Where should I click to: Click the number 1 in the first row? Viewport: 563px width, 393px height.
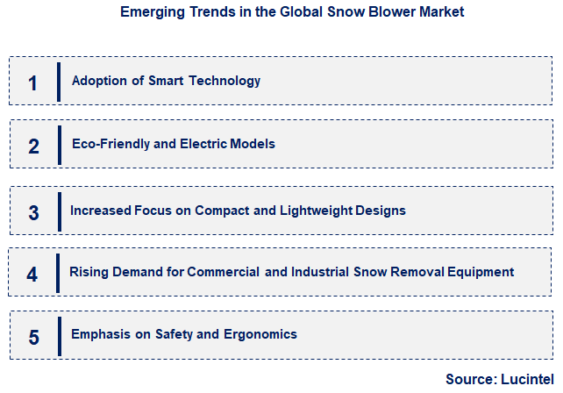tap(32, 83)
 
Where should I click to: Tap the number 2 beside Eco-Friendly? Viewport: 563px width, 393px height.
tap(33, 146)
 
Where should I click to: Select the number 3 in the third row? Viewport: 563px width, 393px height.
tap(33, 212)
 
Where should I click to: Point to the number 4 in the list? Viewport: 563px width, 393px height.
tap(32, 275)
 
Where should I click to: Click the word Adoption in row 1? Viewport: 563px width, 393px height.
tap(98, 81)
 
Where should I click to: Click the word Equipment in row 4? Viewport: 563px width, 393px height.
tap(481, 272)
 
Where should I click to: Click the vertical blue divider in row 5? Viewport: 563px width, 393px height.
tap(59, 335)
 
